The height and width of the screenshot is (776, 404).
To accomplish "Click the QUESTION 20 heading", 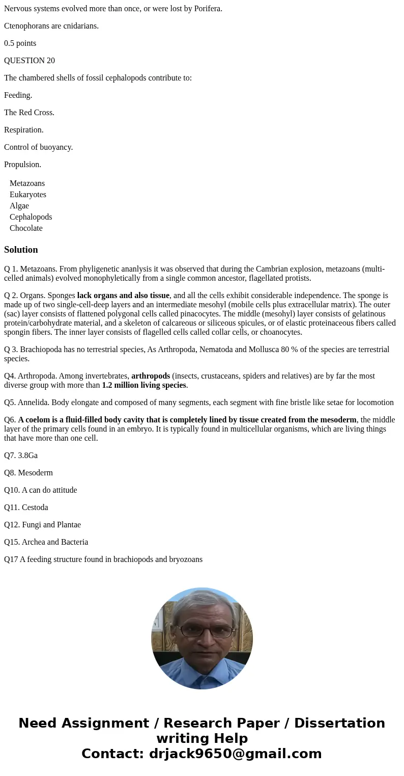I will [30, 61].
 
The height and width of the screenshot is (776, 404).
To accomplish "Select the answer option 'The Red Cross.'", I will [29, 113].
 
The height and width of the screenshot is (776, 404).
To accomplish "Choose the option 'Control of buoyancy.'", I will [39, 147].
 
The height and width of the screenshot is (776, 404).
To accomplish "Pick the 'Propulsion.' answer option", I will [23, 165].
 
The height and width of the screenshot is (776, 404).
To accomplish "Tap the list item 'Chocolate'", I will [26, 228].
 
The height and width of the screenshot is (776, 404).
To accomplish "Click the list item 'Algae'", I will [19, 206].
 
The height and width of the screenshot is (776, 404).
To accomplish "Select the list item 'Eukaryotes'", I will [28, 195].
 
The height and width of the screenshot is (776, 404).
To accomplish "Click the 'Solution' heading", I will [21, 250].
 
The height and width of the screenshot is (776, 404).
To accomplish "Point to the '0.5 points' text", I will [20, 43].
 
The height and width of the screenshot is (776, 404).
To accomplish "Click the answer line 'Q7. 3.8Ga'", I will [21, 456].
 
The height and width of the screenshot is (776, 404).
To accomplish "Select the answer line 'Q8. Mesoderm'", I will [28, 473].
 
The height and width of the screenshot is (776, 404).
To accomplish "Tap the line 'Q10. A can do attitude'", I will [41, 490].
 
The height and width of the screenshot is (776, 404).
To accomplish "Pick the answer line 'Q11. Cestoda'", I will [26, 507].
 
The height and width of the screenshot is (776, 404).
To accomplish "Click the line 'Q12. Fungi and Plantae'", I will [42, 525].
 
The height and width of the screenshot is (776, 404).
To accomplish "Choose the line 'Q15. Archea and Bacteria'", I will [46, 542].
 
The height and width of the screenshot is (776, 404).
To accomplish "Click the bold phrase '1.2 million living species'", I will [144, 385].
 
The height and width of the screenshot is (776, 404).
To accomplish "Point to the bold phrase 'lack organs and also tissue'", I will [123, 296].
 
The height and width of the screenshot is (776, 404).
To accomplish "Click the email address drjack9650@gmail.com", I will [235, 754].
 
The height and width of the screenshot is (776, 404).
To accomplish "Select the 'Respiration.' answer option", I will [24, 130].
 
